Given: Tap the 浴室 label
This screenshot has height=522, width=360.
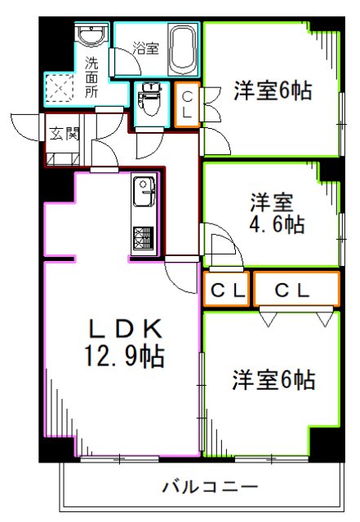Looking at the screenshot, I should [145, 48].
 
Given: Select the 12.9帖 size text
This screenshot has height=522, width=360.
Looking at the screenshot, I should [127, 356].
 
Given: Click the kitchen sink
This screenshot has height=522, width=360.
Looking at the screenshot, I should [145, 195].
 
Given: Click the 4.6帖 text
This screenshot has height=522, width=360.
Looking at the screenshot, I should [277, 224].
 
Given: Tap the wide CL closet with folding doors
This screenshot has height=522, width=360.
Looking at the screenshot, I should [296, 290].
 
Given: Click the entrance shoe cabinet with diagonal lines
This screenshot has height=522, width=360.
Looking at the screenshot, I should [62, 156].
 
